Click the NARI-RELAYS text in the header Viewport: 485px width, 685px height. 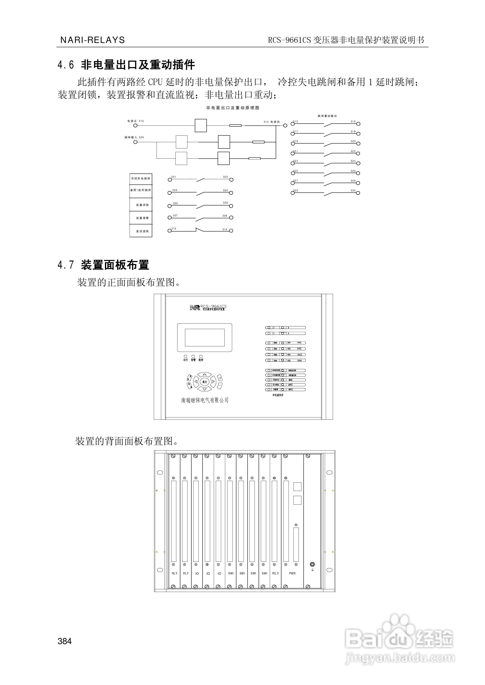pyautogui.click(x=93, y=40)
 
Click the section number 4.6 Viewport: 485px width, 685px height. pyautogui.click(x=66, y=65)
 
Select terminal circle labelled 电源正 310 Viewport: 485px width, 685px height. pyautogui.click(x=135, y=126)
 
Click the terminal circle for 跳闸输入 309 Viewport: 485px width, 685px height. pyautogui.click(x=135, y=142)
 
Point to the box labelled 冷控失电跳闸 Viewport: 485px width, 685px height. pyautogui.click(x=141, y=179)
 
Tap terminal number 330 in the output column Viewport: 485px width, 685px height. pyautogui.click(x=353, y=191)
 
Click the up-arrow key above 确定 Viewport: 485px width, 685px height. pyautogui.click(x=205, y=374)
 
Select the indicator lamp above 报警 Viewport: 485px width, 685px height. pyautogui.click(x=193, y=356)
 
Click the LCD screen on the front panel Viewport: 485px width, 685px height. pyautogui.click(x=205, y=337)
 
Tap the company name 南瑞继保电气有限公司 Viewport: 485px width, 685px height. pyautogui.click(x=205, y=400)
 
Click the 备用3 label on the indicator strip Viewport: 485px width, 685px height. pyautogui.click(x=291, y=390)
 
